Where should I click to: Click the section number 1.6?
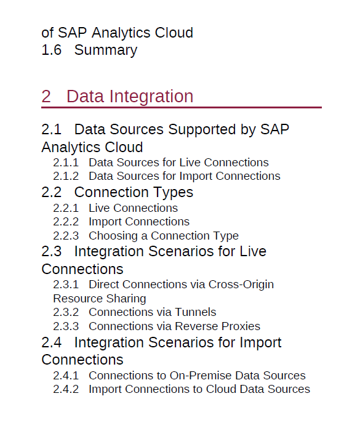click(x=52, y=50)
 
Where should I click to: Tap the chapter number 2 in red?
click(x=46, y=96)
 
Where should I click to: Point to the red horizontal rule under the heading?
click(x=182, y=108)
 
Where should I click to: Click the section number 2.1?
click(x=52, y=129)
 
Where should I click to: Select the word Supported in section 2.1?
click(x=202, y=130)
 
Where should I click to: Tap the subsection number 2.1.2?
click(x=66, y=176)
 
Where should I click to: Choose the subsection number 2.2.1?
click(x=66, y=208)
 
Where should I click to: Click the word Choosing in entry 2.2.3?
click(x=113, y=236)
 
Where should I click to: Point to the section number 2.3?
click(x=52, y=251)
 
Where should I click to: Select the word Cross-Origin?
click(x=241, y=285)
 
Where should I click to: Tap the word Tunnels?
click(x=196, y=312)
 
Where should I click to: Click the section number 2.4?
click(x=52, y=342)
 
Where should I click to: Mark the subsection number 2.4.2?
click(x=66, y=390)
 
